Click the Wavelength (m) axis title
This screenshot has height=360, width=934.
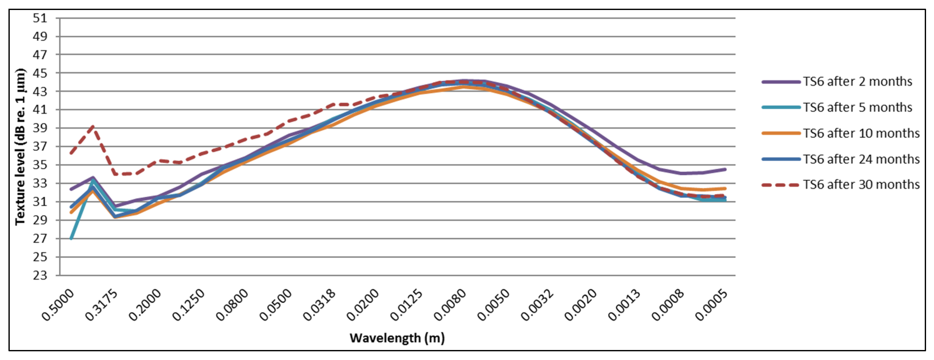[397, 338]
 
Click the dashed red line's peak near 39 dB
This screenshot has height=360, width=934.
[93, 126]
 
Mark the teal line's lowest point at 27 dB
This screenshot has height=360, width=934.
[71, 238]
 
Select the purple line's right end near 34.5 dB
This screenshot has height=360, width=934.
[725, 169]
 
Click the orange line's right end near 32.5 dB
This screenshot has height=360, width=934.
[725, 188]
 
